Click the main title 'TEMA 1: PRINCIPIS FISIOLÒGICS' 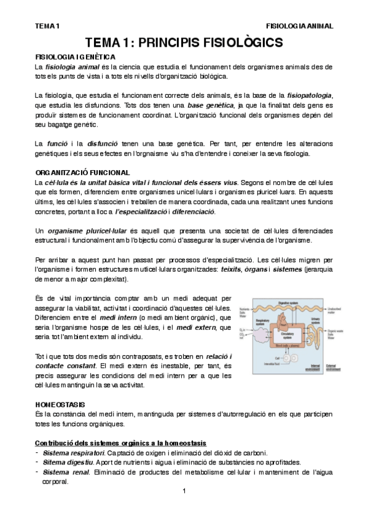[184, 42]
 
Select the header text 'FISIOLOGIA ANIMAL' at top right [299, 26]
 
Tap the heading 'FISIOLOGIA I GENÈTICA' [71, 57]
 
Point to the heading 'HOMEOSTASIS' [60, 405]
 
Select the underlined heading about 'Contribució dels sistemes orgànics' [120, 443]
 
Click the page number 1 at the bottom [184, 492]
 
